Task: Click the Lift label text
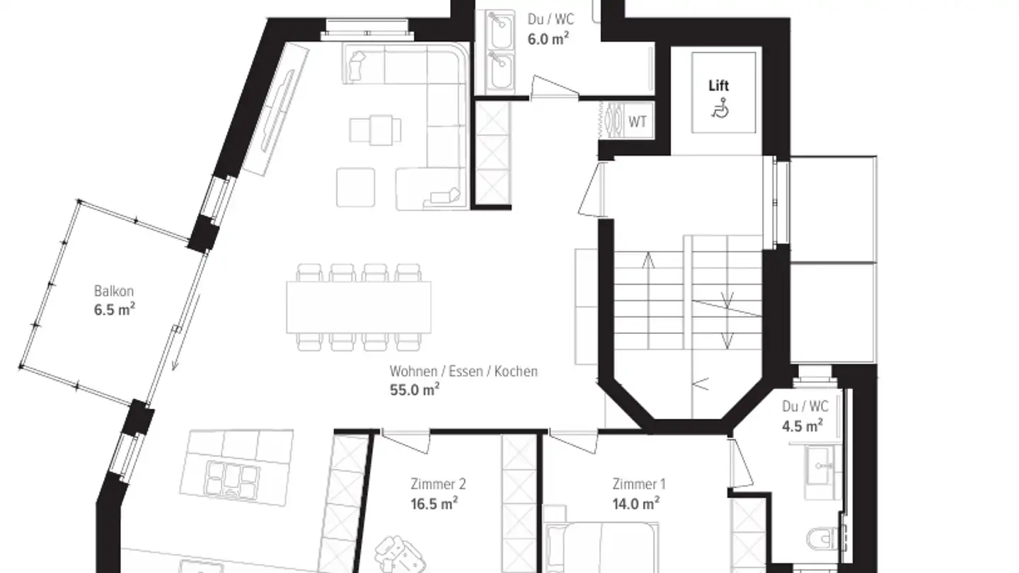coord(718,86)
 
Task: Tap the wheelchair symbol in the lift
coord(720,109)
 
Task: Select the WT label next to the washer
coord(638,122)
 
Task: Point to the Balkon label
coord(114,291)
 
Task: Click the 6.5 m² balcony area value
coord(114,309)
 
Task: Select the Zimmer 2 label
coord(438,485)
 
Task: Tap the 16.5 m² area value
coord(434,503)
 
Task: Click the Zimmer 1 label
coord(639,485)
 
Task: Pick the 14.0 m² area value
coord(636,503)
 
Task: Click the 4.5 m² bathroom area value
coord(802,425)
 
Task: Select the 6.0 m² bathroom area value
coord(548,38)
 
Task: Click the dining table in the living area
coord(359,308)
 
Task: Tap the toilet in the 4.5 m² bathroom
coord(822,538)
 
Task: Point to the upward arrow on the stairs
coord(648,259)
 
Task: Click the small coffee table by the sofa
coord(375,130)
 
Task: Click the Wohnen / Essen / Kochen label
coord(464,371)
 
